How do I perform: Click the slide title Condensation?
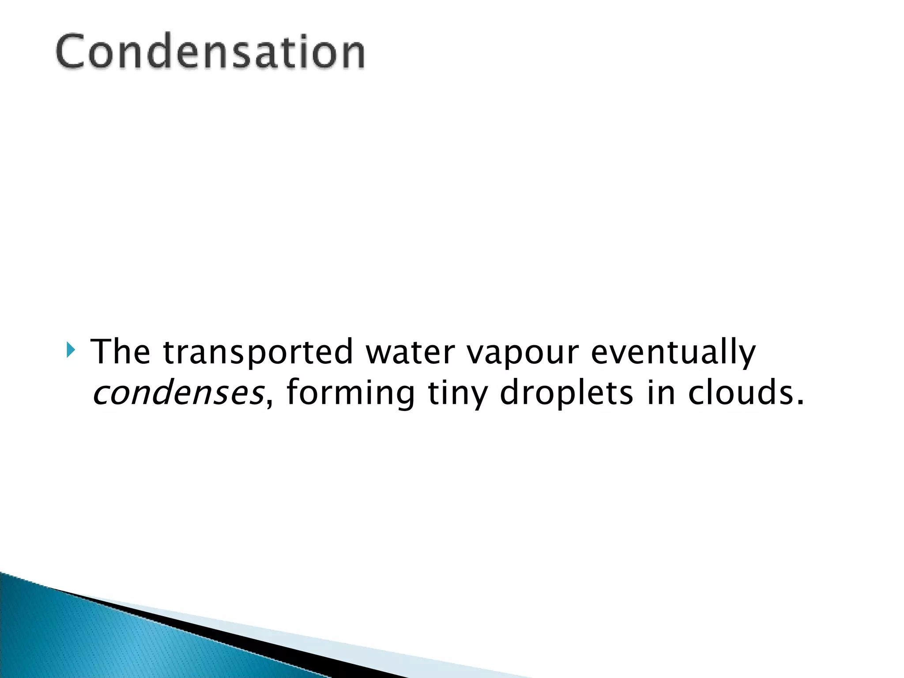point(210,52)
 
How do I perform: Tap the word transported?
point(258,353)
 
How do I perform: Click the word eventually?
point(673,353)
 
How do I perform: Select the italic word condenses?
point(178,393)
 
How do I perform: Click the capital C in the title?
point(72,52)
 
